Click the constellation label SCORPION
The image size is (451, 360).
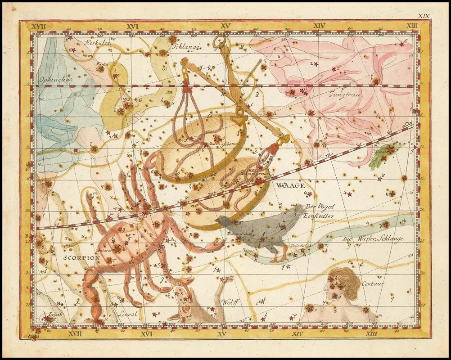pyautogui.click(x=81, y=258)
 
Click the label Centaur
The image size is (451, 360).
pyautogui.click(x=372, y=283)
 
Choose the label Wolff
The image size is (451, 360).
pyautogui.click(x=230, y=302)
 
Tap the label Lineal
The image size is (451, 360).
pyautogui.click(x=127, y=314)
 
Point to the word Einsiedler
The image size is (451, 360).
pyautogui.click(x=318, y=216)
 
